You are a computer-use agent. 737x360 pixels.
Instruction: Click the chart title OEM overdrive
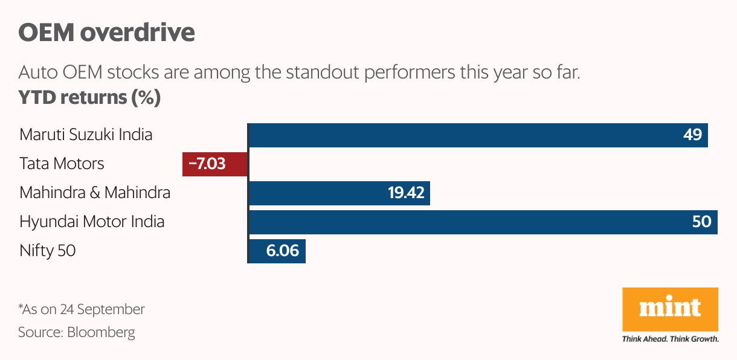pos(106,33)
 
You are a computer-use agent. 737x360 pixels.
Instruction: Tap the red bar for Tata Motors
pos(215,164)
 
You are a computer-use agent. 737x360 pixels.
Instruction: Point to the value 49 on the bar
pos(692,135)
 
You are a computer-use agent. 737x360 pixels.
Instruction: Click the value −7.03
pos(207,164)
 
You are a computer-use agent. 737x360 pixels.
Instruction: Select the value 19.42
pos(406,193)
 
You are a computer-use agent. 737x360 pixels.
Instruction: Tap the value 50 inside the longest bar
pos(702,222)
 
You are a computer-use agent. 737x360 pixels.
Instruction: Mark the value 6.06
pos(283,251)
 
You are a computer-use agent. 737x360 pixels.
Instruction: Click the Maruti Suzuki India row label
pos(86,134)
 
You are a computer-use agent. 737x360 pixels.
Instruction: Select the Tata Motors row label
pos(62,163)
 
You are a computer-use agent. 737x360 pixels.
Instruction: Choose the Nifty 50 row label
pos(48,250)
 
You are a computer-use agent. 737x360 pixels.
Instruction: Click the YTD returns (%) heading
pos(89,97)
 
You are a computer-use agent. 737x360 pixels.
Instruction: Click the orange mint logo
pos(670,309)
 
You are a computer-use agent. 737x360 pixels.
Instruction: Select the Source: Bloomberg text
pos(77,332)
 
